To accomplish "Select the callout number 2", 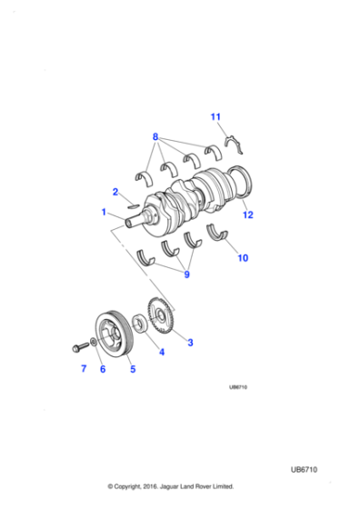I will pos(115,192).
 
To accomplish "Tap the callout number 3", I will pos(189,342).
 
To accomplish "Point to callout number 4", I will pos(162,352).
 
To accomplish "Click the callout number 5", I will pos(131,369).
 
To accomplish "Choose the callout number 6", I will pos(103,369).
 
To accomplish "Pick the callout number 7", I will pos(83,369).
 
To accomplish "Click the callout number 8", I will pos(155,137).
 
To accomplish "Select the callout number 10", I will pos(242,258).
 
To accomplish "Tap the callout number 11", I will pos(215,117).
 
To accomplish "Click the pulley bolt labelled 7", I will pos(75,346).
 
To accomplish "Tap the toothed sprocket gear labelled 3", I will pos(162,319).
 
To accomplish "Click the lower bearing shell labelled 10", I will pos(218,232).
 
